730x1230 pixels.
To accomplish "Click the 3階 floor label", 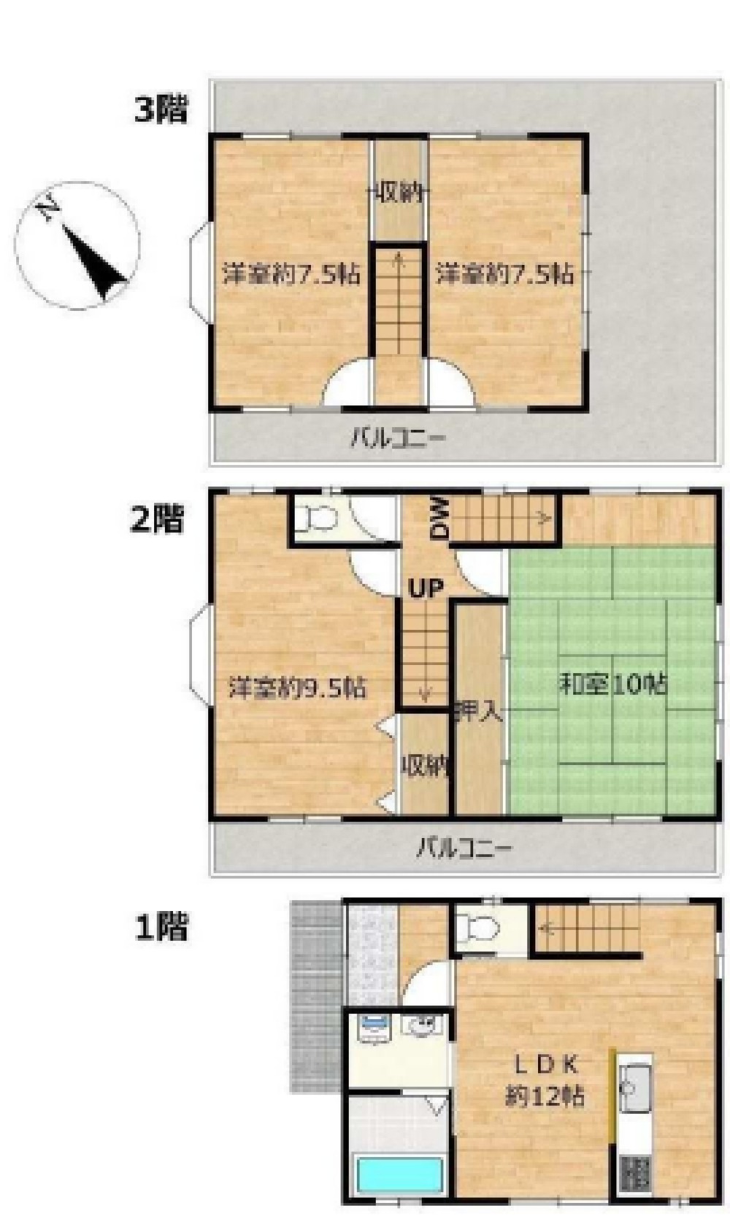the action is [x=161, y=109].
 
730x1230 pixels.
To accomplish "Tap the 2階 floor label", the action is [x=156, y=518].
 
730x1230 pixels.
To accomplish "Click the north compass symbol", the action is [x=77, y=245].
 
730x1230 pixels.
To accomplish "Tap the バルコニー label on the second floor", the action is [x=464, y=847].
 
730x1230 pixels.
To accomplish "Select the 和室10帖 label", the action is [x=614, y=684].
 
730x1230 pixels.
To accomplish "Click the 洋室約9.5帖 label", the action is [x=298, y=688].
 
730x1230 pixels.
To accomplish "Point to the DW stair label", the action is [x=440, y=518].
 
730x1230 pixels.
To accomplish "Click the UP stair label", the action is [x=425, y=588].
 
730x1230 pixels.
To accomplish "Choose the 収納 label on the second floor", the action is [x=426, y=767].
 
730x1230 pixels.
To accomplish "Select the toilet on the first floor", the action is [x=478, y=928].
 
